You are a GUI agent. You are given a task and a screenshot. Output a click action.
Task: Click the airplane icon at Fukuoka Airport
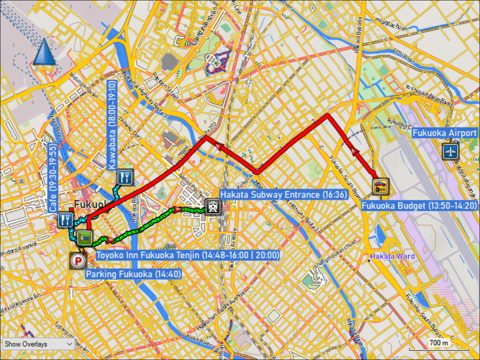point(451,152)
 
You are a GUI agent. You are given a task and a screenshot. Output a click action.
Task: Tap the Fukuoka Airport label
point(445,133)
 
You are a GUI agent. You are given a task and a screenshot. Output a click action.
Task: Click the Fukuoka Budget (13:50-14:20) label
point(418,206)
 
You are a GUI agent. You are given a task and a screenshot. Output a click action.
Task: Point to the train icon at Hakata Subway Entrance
point(212,207)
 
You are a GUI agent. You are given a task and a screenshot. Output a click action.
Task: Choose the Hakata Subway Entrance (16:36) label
point(284,195)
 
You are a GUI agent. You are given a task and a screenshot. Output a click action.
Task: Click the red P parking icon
point(78,261)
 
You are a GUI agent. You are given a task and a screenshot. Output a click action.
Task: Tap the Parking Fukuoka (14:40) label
point(134,274)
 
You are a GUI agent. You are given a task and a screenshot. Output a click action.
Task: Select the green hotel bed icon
point(85,238)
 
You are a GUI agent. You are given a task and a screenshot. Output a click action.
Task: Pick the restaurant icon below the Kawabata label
point(125,177)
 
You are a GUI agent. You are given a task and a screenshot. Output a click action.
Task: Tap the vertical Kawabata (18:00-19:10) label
point(112,124)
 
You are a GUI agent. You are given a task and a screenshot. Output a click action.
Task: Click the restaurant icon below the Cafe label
point(65,220)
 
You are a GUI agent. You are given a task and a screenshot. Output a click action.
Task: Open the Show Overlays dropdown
point(38,344)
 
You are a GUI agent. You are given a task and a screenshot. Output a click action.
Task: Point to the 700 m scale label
point(439,343)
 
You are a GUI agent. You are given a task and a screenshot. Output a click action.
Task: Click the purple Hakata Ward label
point(392,256)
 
